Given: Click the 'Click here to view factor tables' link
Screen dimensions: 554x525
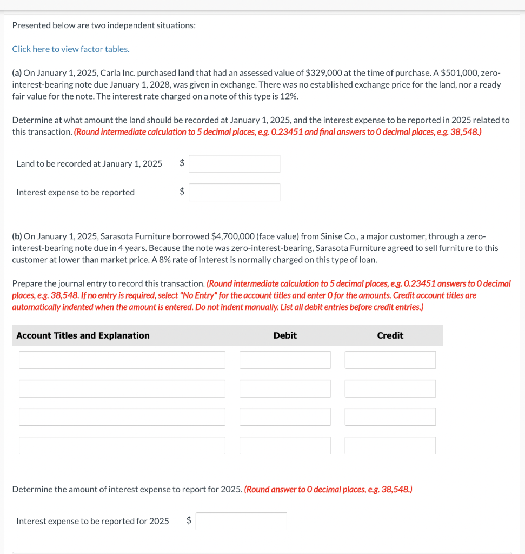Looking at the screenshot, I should pos(71,49).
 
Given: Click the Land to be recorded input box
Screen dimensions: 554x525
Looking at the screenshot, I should pos(234,164).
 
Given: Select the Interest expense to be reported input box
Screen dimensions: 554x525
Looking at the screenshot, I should pos(234,193).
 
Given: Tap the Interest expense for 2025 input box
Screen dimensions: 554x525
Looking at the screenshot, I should pos(241,522).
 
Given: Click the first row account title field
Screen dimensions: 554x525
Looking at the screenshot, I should pos(122,360).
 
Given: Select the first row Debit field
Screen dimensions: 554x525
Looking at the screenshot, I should pos(285,360).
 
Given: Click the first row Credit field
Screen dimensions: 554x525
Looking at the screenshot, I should pos(390,360).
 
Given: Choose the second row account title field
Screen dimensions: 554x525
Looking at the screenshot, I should pos(122,388).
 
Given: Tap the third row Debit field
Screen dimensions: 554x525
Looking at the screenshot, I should pos(285,417).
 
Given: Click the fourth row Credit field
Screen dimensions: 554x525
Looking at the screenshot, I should pos(390,446).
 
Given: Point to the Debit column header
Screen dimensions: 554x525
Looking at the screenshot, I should pos(285,335).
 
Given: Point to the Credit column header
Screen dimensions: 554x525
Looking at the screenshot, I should pos(390,335).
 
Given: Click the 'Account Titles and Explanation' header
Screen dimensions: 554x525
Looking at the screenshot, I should pos(83,335).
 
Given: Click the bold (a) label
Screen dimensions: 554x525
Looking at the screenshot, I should pos(17,73).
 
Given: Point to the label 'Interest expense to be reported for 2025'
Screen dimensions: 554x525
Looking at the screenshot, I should pos(92,522).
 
